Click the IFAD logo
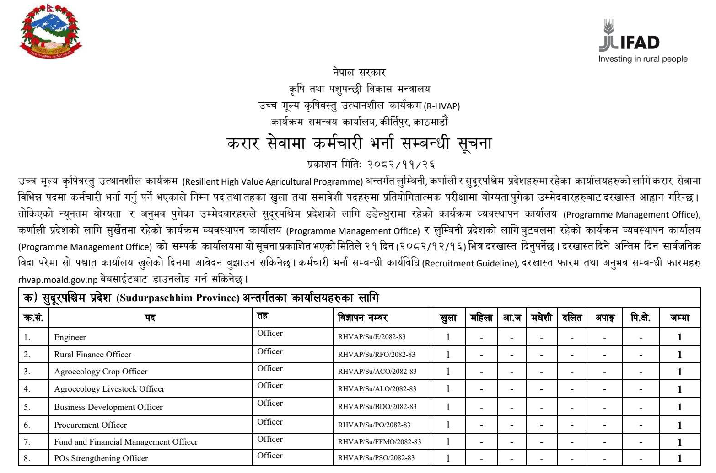(629, 37)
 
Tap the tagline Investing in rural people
(643, 59)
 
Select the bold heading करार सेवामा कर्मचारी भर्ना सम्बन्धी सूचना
(359, 143)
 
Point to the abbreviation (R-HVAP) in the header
(441, 106)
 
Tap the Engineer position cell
(70, 337)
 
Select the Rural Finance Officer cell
(92, 354)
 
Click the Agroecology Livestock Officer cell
(109, 389)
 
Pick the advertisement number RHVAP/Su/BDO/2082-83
(377, 407)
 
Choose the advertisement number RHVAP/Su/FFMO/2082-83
(379, 442)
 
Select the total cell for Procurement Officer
(679, 425)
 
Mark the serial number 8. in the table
(27, 458)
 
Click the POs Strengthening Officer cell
(101, 458)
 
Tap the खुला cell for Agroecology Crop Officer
(448, 372)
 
